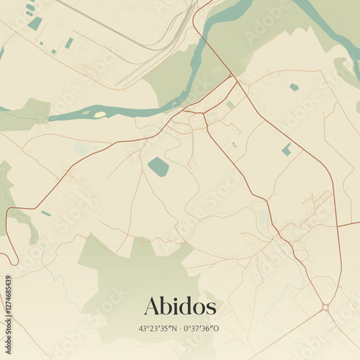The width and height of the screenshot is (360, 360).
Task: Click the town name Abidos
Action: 180,306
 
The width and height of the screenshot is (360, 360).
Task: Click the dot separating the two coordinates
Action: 181,328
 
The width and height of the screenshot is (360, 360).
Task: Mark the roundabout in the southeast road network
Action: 325,307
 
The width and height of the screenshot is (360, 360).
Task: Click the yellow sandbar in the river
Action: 99,114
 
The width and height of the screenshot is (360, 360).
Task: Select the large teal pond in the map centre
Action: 158,167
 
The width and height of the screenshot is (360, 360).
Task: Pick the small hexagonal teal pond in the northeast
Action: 294,87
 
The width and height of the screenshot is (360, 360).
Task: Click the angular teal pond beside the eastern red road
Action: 287,149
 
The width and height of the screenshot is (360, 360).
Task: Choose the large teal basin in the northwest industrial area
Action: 35,24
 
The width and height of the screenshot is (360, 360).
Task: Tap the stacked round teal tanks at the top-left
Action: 30,9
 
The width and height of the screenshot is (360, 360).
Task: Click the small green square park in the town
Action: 230,104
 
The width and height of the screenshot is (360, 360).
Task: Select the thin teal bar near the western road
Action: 46,213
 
